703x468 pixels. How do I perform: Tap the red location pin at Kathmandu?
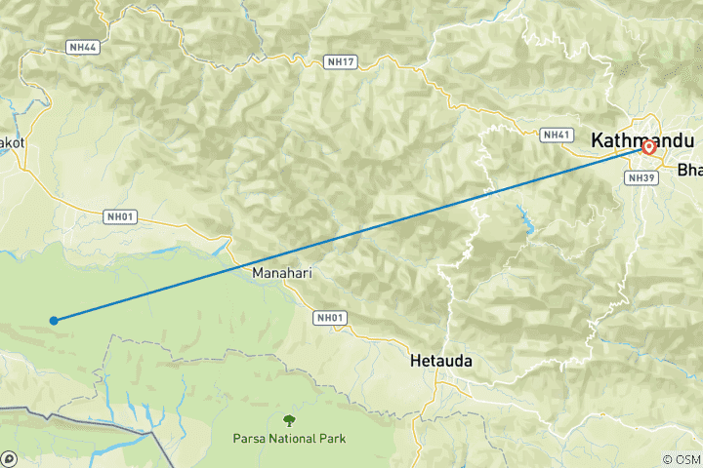[x=648, y=148]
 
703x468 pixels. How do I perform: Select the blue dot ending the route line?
[x=54, y=320]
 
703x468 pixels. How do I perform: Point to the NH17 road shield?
[x=341, y=62]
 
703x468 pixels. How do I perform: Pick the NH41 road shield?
[x=558, y=135]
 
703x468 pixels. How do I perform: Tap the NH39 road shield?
[x=641, y=177]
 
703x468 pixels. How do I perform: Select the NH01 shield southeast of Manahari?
[x=330, y=317]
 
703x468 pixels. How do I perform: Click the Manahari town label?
[x=282, y=274]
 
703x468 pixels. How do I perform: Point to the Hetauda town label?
[x=441, y=361]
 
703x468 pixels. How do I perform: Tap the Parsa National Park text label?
[x=289, y=438]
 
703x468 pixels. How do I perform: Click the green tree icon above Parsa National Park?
[x=289, y=420]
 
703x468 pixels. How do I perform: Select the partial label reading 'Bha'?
[x=689, y=170]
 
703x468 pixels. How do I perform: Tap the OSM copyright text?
[x=681, y=459]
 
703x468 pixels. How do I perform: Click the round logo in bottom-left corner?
[x=9, y=458]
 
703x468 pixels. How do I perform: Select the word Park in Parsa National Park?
[x=332, y=438]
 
